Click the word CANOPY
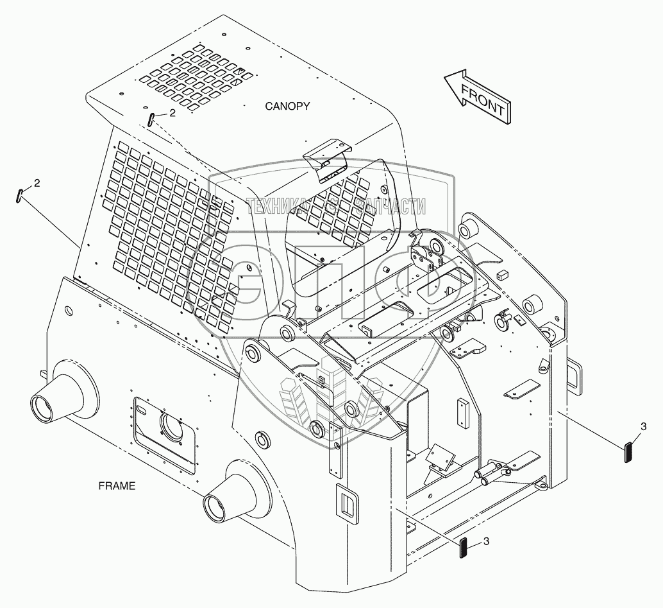(287, 106)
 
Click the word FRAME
(116, 486)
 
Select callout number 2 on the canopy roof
(171, 113)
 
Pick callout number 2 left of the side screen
(37, 183)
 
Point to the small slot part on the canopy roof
(151, 119)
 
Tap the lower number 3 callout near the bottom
(486, 541)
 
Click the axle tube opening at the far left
(44, 408)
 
